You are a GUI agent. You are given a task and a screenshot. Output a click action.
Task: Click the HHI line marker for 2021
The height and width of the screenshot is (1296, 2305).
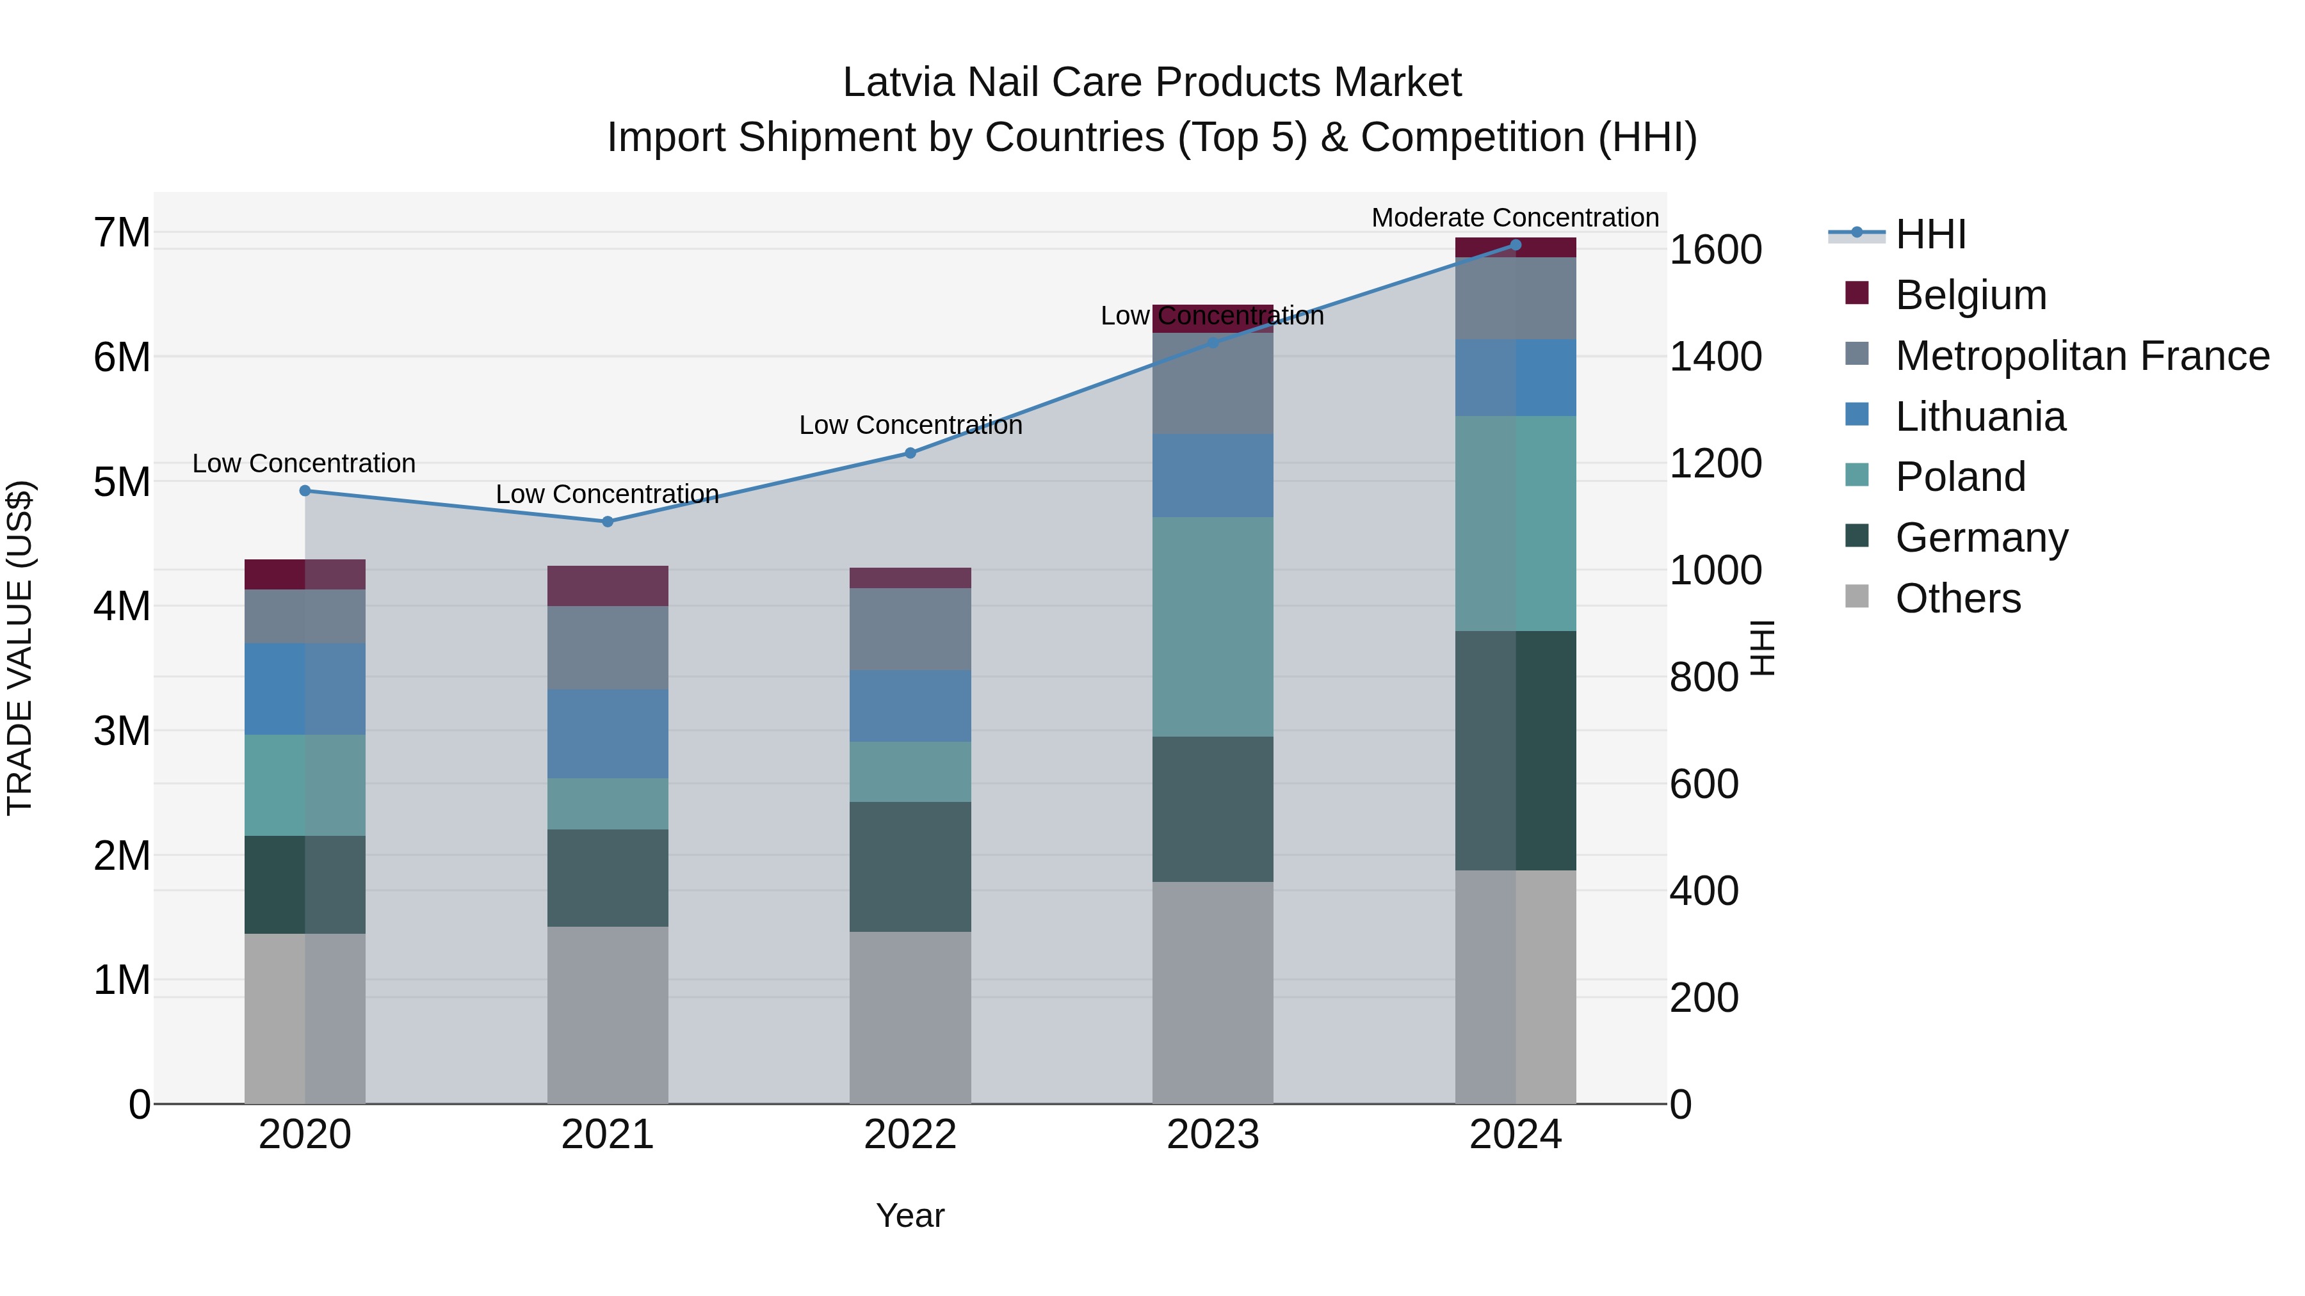608,522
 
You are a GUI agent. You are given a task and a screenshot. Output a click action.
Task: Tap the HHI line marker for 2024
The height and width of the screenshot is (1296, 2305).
1515,244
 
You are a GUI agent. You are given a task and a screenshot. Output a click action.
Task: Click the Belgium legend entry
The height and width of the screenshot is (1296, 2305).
1969,295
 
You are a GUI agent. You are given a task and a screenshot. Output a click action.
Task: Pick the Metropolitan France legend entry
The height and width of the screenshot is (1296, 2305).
2082,356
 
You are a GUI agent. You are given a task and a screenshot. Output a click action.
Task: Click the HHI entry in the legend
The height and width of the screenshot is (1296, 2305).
1930,234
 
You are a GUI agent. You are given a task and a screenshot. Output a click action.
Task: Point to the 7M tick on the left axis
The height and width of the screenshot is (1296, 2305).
122,232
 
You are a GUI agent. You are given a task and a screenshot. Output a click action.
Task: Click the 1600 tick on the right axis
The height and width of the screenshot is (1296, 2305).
1715,250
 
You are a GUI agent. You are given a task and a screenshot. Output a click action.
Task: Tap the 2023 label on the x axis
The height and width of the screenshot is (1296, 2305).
1213,1135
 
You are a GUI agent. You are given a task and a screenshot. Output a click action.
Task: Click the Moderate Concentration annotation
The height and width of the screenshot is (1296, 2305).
1515,218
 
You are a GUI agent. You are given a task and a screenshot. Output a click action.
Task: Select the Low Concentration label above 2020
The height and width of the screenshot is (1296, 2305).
304,463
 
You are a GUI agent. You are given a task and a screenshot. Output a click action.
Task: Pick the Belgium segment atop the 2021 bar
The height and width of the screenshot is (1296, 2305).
608,586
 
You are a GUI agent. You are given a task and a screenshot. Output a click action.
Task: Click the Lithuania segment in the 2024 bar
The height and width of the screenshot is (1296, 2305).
1515,378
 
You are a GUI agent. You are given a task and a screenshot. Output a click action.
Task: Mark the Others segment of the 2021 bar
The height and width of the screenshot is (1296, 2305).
608,1014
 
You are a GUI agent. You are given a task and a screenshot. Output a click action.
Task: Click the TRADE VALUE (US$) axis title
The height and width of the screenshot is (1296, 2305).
20,648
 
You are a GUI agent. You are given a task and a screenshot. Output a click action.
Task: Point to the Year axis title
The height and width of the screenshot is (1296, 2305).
910,1215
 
